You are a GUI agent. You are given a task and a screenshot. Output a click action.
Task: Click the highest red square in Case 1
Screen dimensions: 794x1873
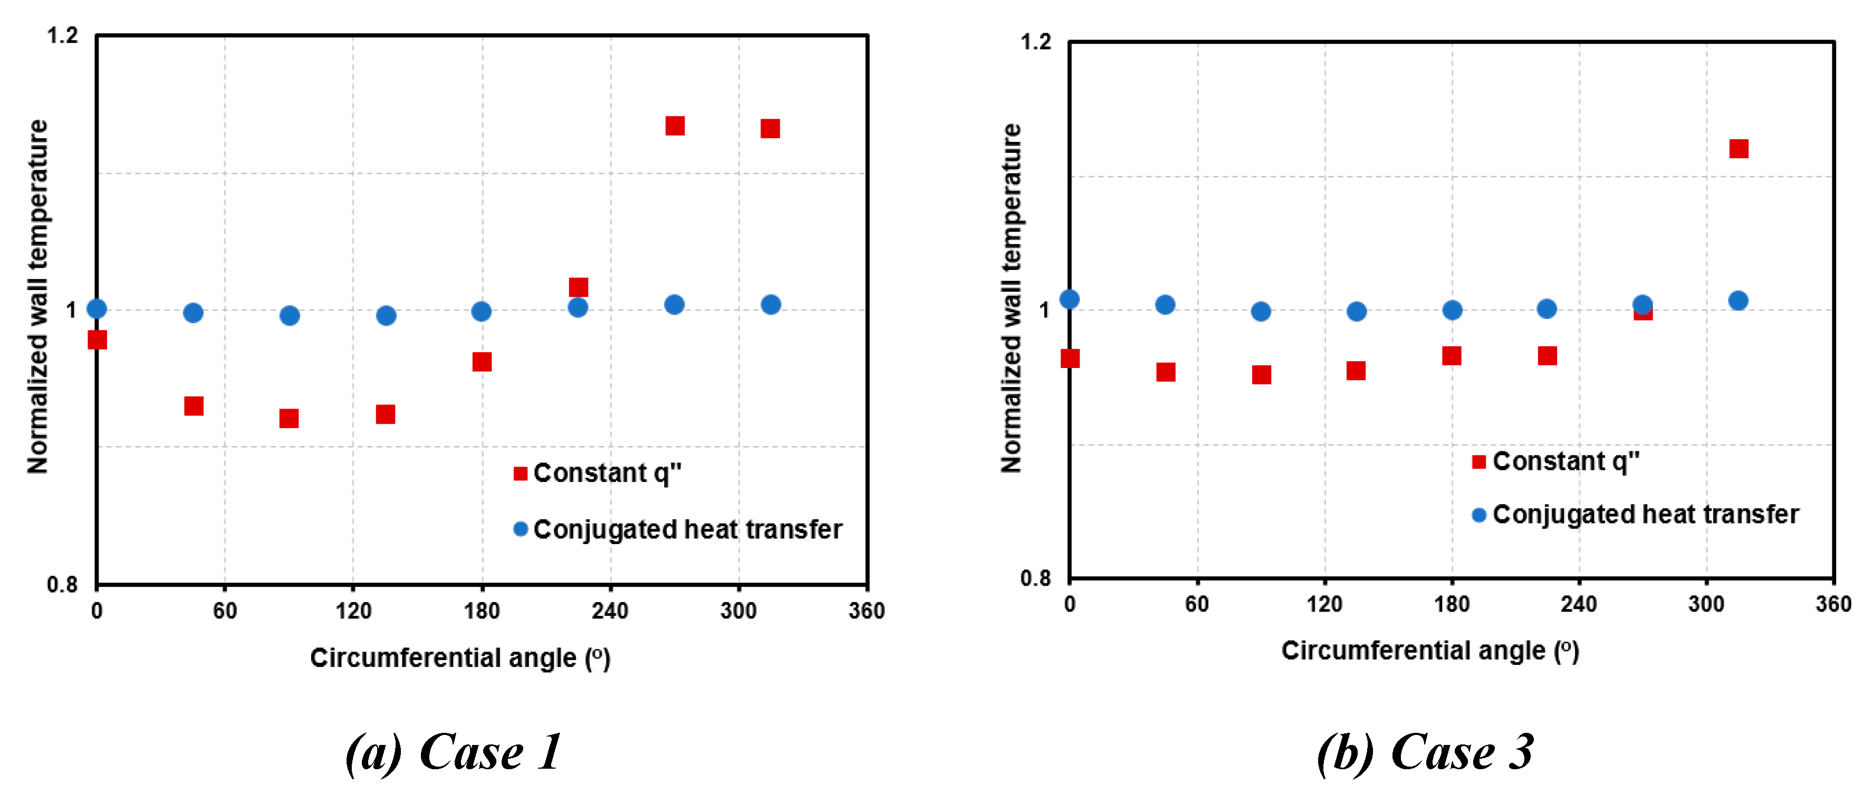pyautogui.click(x=675, y=126)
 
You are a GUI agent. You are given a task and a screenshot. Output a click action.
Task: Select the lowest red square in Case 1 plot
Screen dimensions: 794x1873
pyautogui.click(x=289, y=418)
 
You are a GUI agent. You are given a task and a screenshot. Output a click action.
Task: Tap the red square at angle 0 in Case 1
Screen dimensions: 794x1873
pyautogui.click(x=97, y=340)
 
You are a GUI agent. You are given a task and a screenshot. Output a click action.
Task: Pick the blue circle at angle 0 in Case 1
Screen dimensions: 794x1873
pyautogui.click(x=97, y=309)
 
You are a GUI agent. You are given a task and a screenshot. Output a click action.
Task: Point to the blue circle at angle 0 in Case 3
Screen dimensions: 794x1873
pyautogui.click(x=1070, y=299)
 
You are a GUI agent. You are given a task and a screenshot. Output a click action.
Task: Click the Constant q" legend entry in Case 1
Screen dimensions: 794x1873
pyautogui.click(x=598, y=473)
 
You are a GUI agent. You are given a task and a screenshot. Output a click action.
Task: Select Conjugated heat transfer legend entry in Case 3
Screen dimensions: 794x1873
pyautogui.click(x=1636, y=514)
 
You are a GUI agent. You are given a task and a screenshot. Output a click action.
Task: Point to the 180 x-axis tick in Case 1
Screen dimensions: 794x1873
pyautogui.click(x=482, y=611)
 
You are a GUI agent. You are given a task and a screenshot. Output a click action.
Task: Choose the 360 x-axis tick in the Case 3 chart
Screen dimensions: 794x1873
pyautogui.click(x=1833, y=604)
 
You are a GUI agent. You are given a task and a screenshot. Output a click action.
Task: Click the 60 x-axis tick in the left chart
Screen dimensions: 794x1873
pyautogui.click(x=225, y=611)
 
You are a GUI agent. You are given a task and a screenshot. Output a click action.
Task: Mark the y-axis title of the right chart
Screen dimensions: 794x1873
pyautogui.click(x=1011, y=298)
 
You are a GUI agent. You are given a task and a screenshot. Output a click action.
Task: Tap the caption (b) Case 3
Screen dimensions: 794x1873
pyautogui.click(x=1425, y=752)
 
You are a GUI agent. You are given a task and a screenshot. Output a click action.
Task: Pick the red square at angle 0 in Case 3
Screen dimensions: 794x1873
pyautogui.click(x=1070, y=358)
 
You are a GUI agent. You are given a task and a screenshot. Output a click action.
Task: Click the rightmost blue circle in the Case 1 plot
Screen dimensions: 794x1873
pyautogui.click(x=771, y=305)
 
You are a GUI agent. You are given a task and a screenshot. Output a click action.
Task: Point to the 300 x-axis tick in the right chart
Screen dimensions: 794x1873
pyautogui.click(x=1706, y=604)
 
